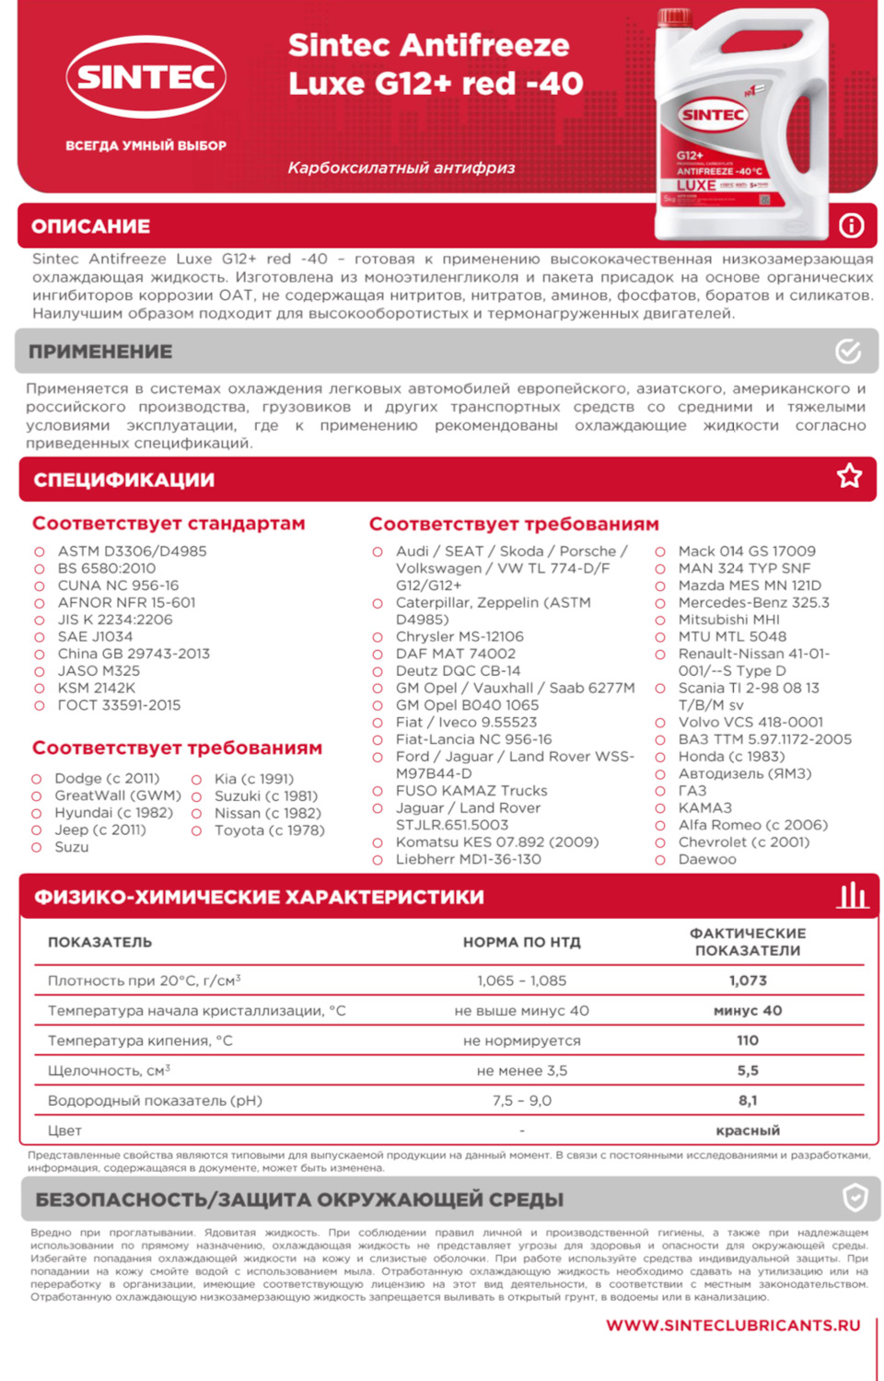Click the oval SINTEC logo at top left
coord(146,76)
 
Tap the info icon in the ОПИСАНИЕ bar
coord(851,226)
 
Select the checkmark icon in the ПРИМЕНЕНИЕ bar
coord(848,351)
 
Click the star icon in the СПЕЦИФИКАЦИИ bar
coord(849,476)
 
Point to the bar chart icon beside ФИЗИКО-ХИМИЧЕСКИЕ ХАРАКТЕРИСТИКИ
coord(852,895)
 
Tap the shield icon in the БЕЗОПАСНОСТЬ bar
coord(855,1198)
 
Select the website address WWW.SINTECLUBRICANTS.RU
coord(733,1325)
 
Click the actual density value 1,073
coord(748,981)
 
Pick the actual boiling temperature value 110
coord(748,1040)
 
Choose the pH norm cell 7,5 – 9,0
coord(522,1100)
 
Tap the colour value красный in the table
coord(748,1131)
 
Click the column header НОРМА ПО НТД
coord(522,942)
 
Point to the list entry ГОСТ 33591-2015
coord(119,705)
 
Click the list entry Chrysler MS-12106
coord(459,636)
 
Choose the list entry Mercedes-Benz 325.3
coord(753,602)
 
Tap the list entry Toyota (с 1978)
coord(269,830)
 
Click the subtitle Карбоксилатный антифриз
coord(401,168)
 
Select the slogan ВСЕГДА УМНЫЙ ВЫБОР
coord(145,145)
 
